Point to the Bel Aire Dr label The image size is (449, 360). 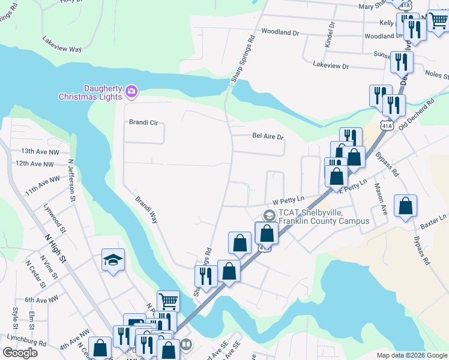coord(268,137)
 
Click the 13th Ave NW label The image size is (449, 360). coord(37,152)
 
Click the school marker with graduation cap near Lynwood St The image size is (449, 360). coord(113,260)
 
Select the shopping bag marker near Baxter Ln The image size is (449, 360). coord(406,206)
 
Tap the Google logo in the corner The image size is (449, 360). coord(19,353)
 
